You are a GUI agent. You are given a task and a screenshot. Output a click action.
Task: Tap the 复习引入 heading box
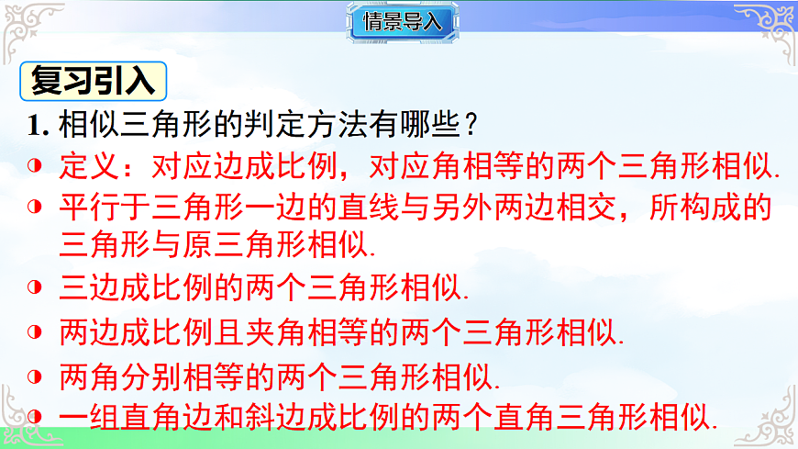coord(93,82)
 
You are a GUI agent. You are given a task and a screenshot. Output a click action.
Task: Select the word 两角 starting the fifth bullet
coord(85,376)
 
